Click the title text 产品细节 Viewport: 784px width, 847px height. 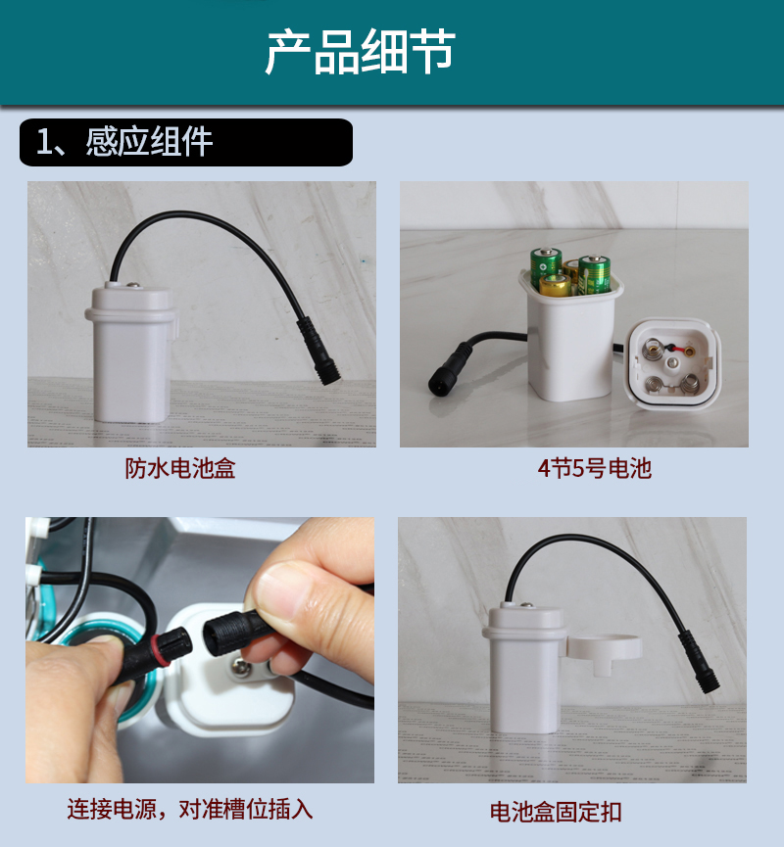point(360,52)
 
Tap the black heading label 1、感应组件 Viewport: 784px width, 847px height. point(124,142)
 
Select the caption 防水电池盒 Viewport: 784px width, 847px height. point(180,468)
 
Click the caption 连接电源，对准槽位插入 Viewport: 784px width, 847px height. point(190,810)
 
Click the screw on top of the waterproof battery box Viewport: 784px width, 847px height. point(132,287)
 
